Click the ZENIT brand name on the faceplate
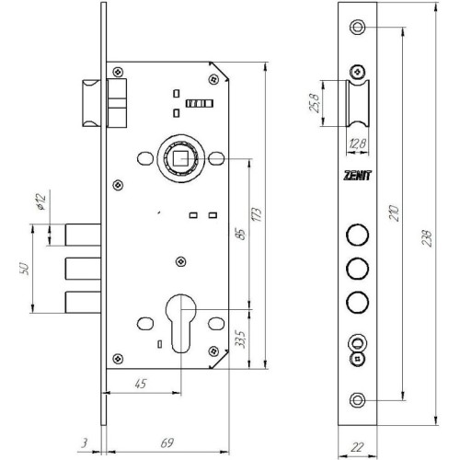(x=357, y=176)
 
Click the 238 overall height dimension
(x=427, y=238)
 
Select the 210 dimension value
(x=394, y=213)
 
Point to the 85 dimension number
(x=242, y=235)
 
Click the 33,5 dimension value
(x=241, y=339)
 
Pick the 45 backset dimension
(x=141, y=384)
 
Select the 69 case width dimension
(x=167, y=443)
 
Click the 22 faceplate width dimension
(x=357, y=447)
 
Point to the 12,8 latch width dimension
(x=357, y=144)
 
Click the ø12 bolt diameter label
(x=40, y=201)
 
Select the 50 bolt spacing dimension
(x=24, y=269)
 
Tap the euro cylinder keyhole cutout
(x=181, y=323)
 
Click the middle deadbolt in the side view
(x=83, y=269)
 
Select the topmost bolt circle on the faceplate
(x=357, y=235)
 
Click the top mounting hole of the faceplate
(x=357, y=27)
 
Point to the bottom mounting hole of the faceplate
(x=357, y=400)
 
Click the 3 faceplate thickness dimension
(x=85, y=443)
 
